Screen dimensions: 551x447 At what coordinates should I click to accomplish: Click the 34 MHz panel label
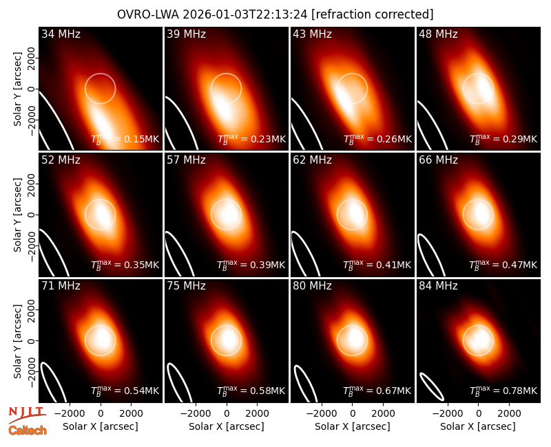[61, 34]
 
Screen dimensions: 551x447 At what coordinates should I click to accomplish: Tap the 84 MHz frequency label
[438, 286]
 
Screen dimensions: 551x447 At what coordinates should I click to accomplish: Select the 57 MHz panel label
[186, 160]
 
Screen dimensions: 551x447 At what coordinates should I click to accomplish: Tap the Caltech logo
[28, 430]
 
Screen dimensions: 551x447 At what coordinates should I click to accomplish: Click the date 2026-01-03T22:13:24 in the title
[245, 14]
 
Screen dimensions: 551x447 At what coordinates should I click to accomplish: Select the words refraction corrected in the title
[373, 14]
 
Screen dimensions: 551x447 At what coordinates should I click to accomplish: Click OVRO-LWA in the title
[148, 14]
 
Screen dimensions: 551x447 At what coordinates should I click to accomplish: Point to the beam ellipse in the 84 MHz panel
[432, 386]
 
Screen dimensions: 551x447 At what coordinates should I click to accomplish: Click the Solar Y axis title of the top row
[17, 89]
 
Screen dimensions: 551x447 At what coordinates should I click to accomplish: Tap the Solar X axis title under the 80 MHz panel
[353, 426]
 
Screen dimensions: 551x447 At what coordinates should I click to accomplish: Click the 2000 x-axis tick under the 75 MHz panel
[257, 414]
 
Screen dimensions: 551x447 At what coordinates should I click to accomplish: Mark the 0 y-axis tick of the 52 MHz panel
[32, 215]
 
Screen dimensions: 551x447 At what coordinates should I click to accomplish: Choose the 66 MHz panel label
[438, 160]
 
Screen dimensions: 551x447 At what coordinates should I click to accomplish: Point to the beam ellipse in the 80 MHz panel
[305, 384]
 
